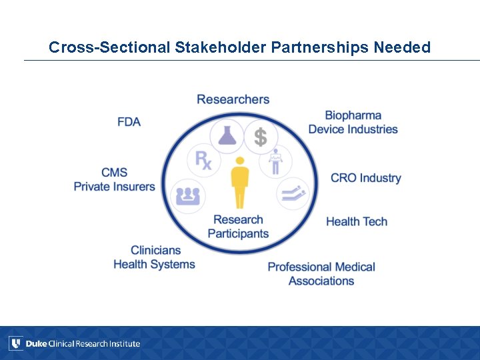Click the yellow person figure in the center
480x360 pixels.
tap(240, 182)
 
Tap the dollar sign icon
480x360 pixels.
tap(260, 137)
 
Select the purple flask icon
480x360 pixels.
tap(227, 135)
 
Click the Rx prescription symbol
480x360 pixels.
tap(203, 161)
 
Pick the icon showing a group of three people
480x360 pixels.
tap(188, 196)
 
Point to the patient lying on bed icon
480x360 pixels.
tap(293, 193)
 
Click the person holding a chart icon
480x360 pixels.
tap(275, 161)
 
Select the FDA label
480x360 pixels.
tap(129, 122)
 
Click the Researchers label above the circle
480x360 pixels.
tap(233, 99)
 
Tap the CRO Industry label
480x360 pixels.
tap(365, 178)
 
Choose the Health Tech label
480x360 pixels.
tap(356, 221)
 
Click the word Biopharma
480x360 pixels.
tap(353, 116)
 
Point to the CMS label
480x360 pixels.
tap(114, 173)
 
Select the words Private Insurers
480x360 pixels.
tap(114, 187)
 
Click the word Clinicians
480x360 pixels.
tap(155, 250)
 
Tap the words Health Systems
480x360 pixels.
tap(154, 264)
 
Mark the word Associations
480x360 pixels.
tap(321, 281)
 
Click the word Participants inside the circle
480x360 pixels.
tap(238, 233)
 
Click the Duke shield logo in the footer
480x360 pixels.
tap(16, 343)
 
